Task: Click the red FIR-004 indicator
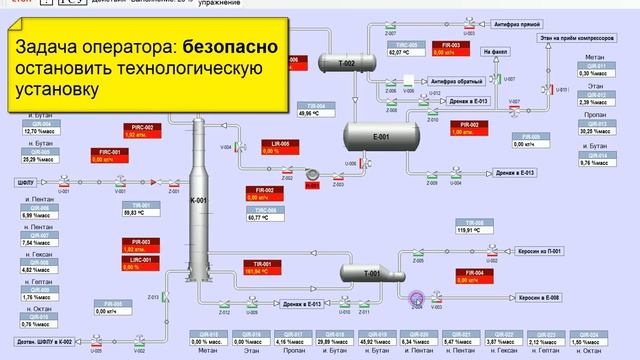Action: (474, 276)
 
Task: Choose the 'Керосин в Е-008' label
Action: (541, 297)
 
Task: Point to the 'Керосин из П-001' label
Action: (542, 251)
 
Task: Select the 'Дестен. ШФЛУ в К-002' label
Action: (41, 343)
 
